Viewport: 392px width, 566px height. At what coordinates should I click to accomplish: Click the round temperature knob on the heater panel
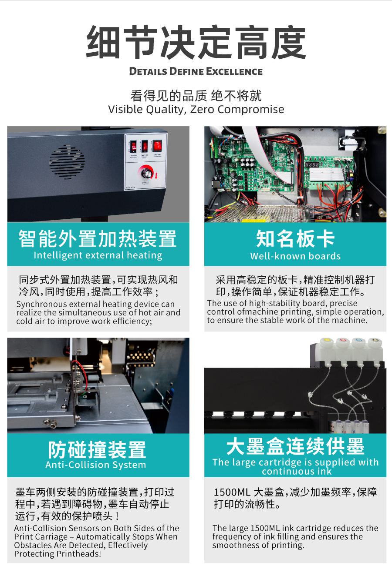coord(146,173)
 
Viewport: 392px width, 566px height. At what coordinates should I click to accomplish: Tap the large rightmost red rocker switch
coord(157,145)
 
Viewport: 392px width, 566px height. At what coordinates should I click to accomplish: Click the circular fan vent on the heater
coord(67,162)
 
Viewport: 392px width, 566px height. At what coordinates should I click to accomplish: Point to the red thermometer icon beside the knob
coord(156,175)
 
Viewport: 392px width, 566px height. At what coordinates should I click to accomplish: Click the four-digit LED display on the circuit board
coord(312,164)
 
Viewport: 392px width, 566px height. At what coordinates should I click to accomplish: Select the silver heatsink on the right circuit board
coord(327,174)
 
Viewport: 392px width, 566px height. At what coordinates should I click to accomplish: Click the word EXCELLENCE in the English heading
coord(234,71)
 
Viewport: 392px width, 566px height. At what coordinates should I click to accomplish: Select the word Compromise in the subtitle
coord(251,110)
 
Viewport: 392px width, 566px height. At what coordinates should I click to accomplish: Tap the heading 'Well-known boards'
coord(295,256)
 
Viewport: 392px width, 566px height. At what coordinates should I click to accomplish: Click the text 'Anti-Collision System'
coord(96,465)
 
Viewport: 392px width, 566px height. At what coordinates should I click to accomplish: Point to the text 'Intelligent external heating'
coord(98,255)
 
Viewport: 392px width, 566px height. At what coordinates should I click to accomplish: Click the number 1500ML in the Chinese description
coord(232,492)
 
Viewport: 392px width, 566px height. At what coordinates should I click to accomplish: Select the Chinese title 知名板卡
coord(295,238)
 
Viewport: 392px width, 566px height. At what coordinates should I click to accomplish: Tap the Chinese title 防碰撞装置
coord(97,449)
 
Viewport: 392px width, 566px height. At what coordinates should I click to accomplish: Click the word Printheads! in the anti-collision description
coord(79,554)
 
